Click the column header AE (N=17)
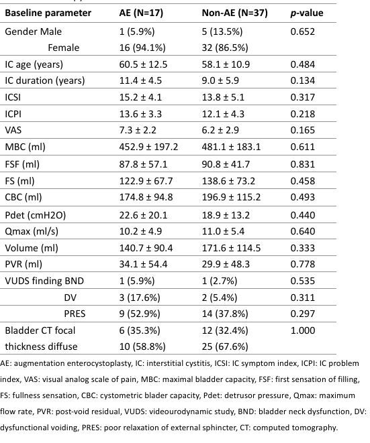[x=141, y=13]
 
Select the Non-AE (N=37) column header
[x=234, y=13]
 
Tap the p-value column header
[x=307, y=13]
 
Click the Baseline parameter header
[x=48, y=13]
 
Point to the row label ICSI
[x=13, y=97]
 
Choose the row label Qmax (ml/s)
[x=32, y=231]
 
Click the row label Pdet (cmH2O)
[x=36, y=215]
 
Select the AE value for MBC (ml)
[x=148, y=147]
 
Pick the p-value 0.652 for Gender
[x=303, y=31]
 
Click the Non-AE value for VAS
[x=220, y=130]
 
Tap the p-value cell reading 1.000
[x=303, y=330]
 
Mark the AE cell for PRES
[x=140, y=314]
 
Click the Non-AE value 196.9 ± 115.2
[x=231, y=197]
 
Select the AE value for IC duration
[x=140, y=80]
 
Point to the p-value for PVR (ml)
[x=303, y=264]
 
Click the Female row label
[x=63, y=48]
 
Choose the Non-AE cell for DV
[x=220, y=298]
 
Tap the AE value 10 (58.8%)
[x=142, y=346]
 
